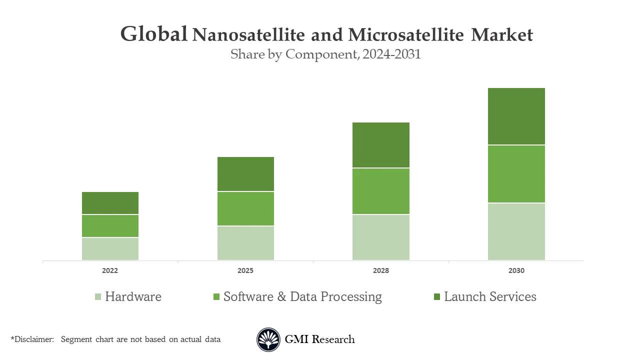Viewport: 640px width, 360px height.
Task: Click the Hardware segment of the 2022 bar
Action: pyautogui.click(x=110, y=248)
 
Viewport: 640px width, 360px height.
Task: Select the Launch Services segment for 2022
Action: pyautogui.click(x=110, y=203)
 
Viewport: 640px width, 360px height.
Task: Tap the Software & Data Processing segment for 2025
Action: pyautogui.click(x=245, y=208)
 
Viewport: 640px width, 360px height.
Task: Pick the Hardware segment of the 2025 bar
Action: pyautogui.click(x=245, y=243)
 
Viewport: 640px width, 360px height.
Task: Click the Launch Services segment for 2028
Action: pyautogui.click(x=381, y=145)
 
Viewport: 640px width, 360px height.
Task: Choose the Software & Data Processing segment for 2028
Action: pyautogui.click(x=381, y=191)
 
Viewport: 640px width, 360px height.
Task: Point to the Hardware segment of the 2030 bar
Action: pyautogui.click(x=516, y=231)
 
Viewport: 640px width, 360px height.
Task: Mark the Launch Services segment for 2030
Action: pyautogui.click(x=516, y=116)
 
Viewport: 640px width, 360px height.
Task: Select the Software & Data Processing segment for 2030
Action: pyautogui.click(x=516, y=174)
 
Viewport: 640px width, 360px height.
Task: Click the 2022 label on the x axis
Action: pyautogui.click(x=110, y=270)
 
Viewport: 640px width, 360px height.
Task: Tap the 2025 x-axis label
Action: pyautogui.click(x=245, y=270)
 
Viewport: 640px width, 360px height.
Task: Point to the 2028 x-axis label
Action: pyautogui.click(x=381, y=270)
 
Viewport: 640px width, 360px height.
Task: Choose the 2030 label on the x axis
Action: pyautogui.click(x=516, y=270)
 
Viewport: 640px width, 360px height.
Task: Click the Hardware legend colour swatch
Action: pyautogui.click(x=97, y=297)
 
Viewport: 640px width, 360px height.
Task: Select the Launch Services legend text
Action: pyautogui.click(x=490, y=296)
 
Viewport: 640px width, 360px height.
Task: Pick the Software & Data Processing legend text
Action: pyautogui.click(x=302, y=296)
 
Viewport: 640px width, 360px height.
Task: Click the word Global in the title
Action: pyautogui.click(x=154, y=34)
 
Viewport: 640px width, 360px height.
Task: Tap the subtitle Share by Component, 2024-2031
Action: pyautogui.click(x=325, y=54)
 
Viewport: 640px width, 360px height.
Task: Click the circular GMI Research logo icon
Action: pyautogui.click(x=268, y=339)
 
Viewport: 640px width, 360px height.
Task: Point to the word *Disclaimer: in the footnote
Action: pyautogui.click(x=32, y=339)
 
